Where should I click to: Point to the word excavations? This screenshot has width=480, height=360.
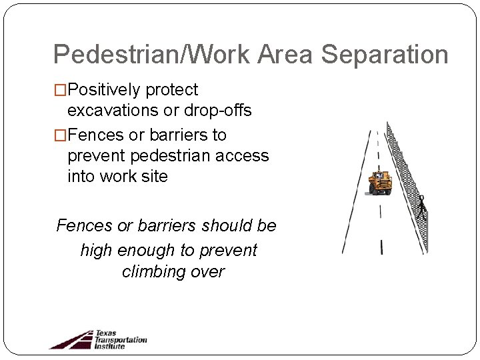114,111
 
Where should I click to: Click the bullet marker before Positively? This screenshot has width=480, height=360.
60,90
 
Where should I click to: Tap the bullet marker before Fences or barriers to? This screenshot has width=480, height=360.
60,135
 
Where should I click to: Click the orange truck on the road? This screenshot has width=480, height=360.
379,183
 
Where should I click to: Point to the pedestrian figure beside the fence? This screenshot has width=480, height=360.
421,207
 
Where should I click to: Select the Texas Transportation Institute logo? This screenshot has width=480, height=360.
98,339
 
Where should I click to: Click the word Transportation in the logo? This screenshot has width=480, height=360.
121,339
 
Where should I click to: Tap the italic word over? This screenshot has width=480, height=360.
208,272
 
